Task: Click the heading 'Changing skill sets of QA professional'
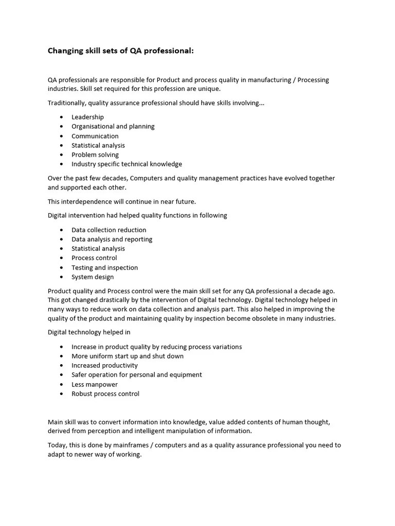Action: click(120, 51)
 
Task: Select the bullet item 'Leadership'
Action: click(87, 117)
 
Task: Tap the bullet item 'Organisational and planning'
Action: click(113, 126)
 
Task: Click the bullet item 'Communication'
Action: click(95, 136)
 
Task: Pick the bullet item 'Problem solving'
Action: click(95, 155)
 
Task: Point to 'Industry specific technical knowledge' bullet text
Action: click(127, 164)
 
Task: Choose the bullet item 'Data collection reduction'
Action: click(109, 230)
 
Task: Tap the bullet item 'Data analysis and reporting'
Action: click(112, 239)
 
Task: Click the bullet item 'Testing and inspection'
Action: click(104, 268)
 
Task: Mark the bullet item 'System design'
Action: click(93, 277)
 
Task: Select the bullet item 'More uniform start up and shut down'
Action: click(127, 356)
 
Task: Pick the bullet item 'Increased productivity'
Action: click(104, 366)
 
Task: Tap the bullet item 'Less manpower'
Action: click(94, 385)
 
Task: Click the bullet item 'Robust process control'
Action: click(105, 394)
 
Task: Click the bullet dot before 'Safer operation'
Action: click(62, 375)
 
